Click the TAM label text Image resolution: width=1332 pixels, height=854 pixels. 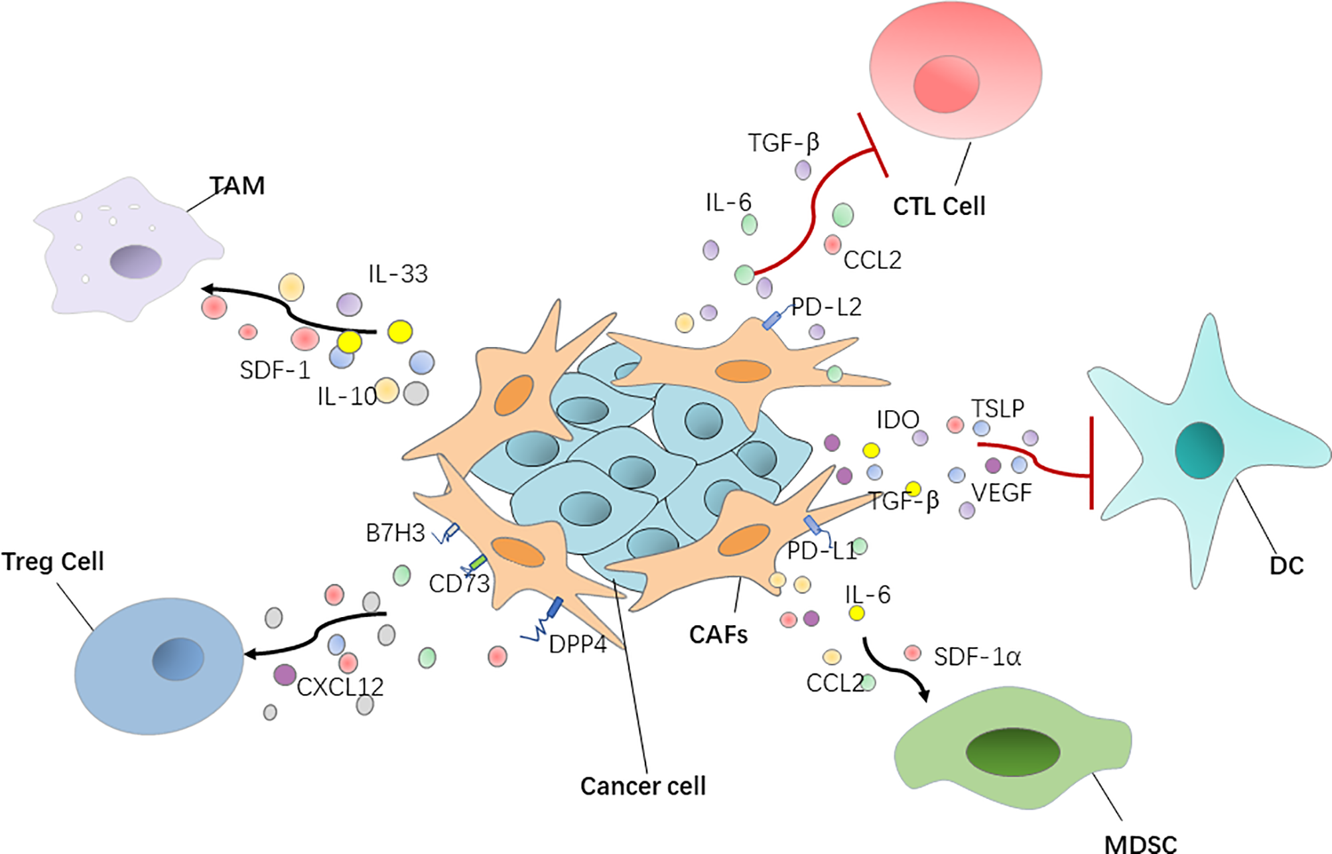click(x=237, y=186)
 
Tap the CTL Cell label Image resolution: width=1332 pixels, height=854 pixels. click(x=939, y=206)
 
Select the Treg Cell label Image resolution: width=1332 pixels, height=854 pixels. click(x=53, y=561)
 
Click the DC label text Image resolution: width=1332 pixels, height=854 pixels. click(x=1286, y=565)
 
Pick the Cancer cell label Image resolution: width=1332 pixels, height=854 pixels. click(x=643, y=786)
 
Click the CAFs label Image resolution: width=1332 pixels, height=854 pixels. click(x=718, y=635)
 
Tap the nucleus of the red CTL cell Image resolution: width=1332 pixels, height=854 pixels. click(x=946, y=84)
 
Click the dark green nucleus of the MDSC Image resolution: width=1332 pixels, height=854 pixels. click(x=1012, y=752)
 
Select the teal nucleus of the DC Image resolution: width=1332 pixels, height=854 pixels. click(x=1199, y=450)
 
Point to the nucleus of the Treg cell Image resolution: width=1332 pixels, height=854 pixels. click(x=178, y=659)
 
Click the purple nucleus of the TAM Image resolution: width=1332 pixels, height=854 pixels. click(x=136, y=261)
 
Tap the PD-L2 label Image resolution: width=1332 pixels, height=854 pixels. click(x=827, y=307)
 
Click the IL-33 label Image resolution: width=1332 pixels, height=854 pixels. click(x=398, y=274)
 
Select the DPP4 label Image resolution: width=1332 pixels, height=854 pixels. click(x=578, y=644)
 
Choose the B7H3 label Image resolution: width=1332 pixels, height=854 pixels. click(x=395, y=533)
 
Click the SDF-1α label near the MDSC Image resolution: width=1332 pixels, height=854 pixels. click(x=977, y=657)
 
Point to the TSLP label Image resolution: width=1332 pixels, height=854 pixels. click(x=998, y=408)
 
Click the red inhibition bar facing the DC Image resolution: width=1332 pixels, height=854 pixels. click(x=1091, y=463)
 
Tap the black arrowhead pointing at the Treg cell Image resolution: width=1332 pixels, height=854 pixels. click(x=251, y=654)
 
